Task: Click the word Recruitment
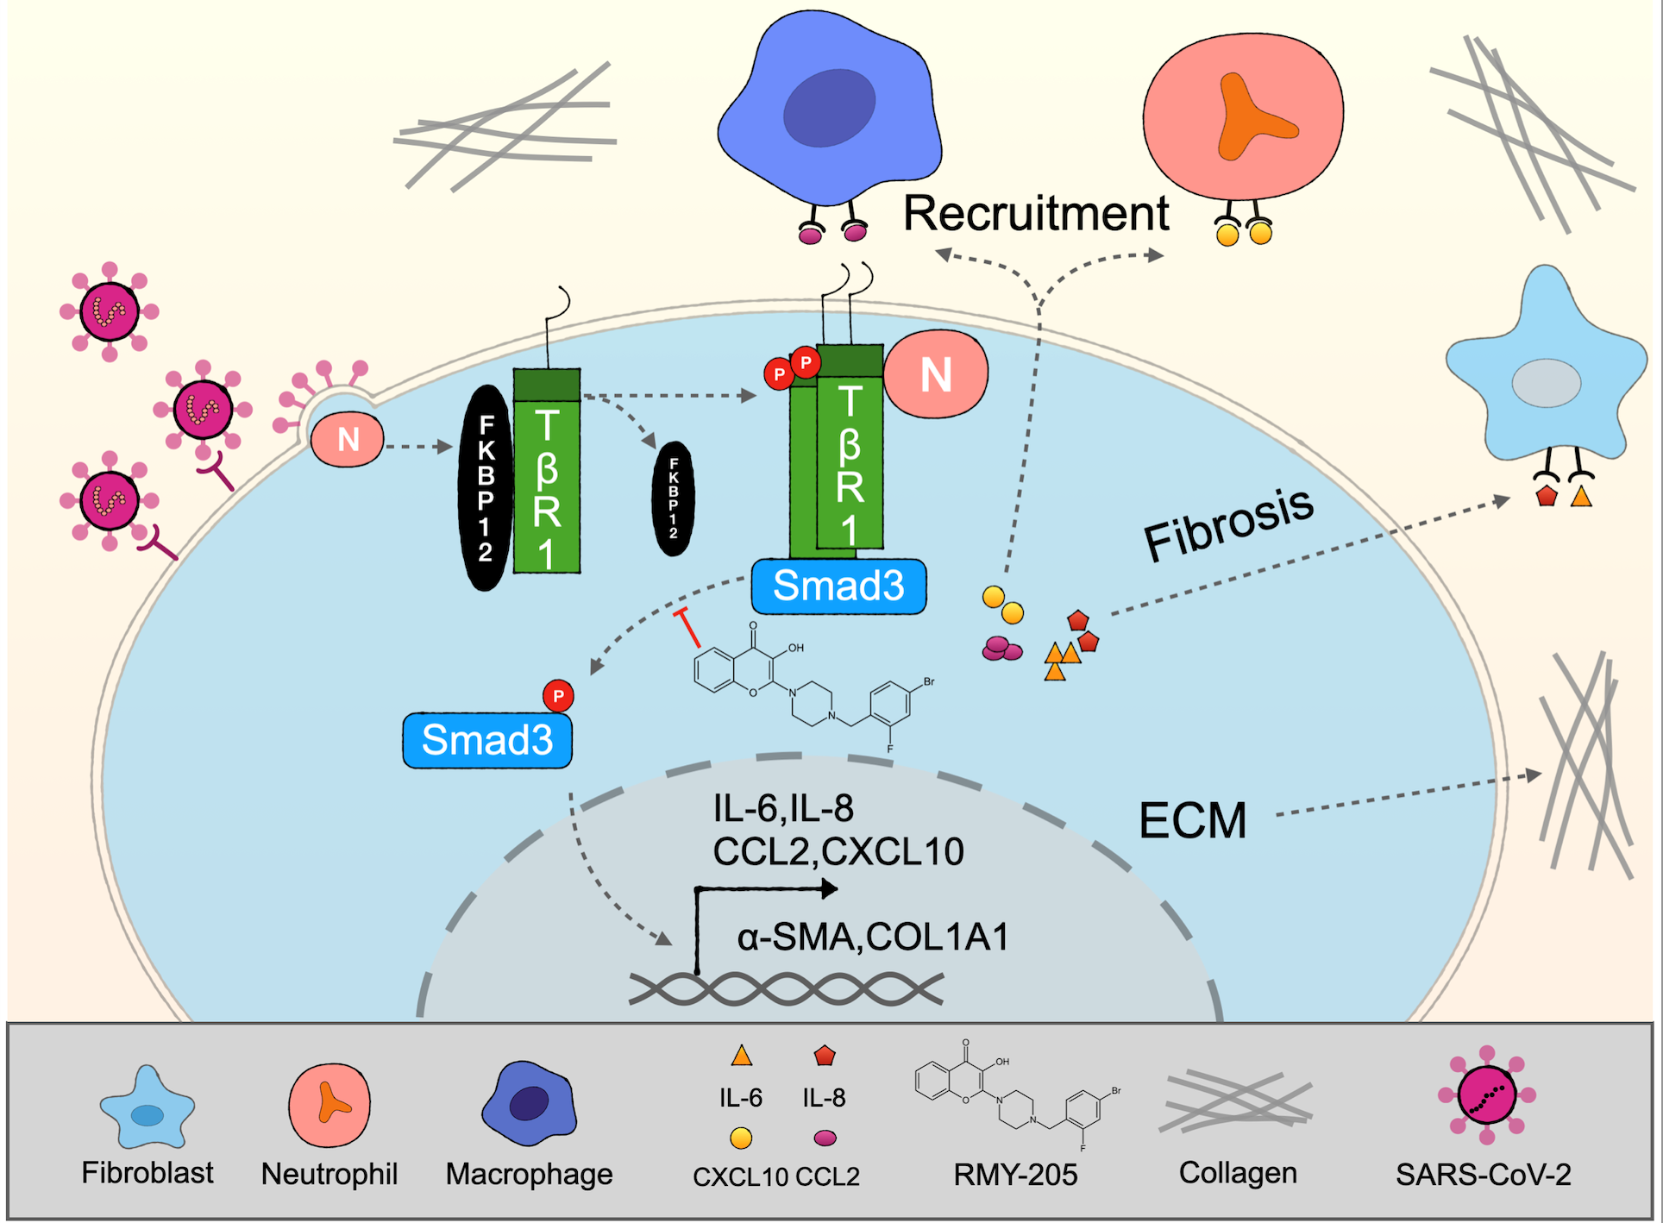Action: click(1035, 213)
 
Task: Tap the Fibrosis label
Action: click(1228, 524)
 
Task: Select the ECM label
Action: click(1193, 820)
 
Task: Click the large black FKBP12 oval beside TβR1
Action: click(486, 488)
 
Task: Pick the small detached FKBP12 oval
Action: click(673, 499)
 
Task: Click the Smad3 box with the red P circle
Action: click(487, 740)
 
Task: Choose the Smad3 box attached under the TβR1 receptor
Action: click(838, 586)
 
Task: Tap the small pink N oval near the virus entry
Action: click(348, 440)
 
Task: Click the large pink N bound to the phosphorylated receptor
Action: click(936, 374)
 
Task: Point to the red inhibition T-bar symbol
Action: click(688, 627)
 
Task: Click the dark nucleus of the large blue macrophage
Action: click(829, 108)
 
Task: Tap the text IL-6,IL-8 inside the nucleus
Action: click(783, 809)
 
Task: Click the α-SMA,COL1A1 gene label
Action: click(873, 938)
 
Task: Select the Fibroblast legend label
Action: click(147, 1173)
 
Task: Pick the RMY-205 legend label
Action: click(1015, 1175)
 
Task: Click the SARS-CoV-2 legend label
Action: click(1483, 1175)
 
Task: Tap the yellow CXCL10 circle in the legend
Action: click(741, 1138)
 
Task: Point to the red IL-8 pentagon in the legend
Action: click(825, 1055)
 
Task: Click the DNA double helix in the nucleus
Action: click(785, 988)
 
